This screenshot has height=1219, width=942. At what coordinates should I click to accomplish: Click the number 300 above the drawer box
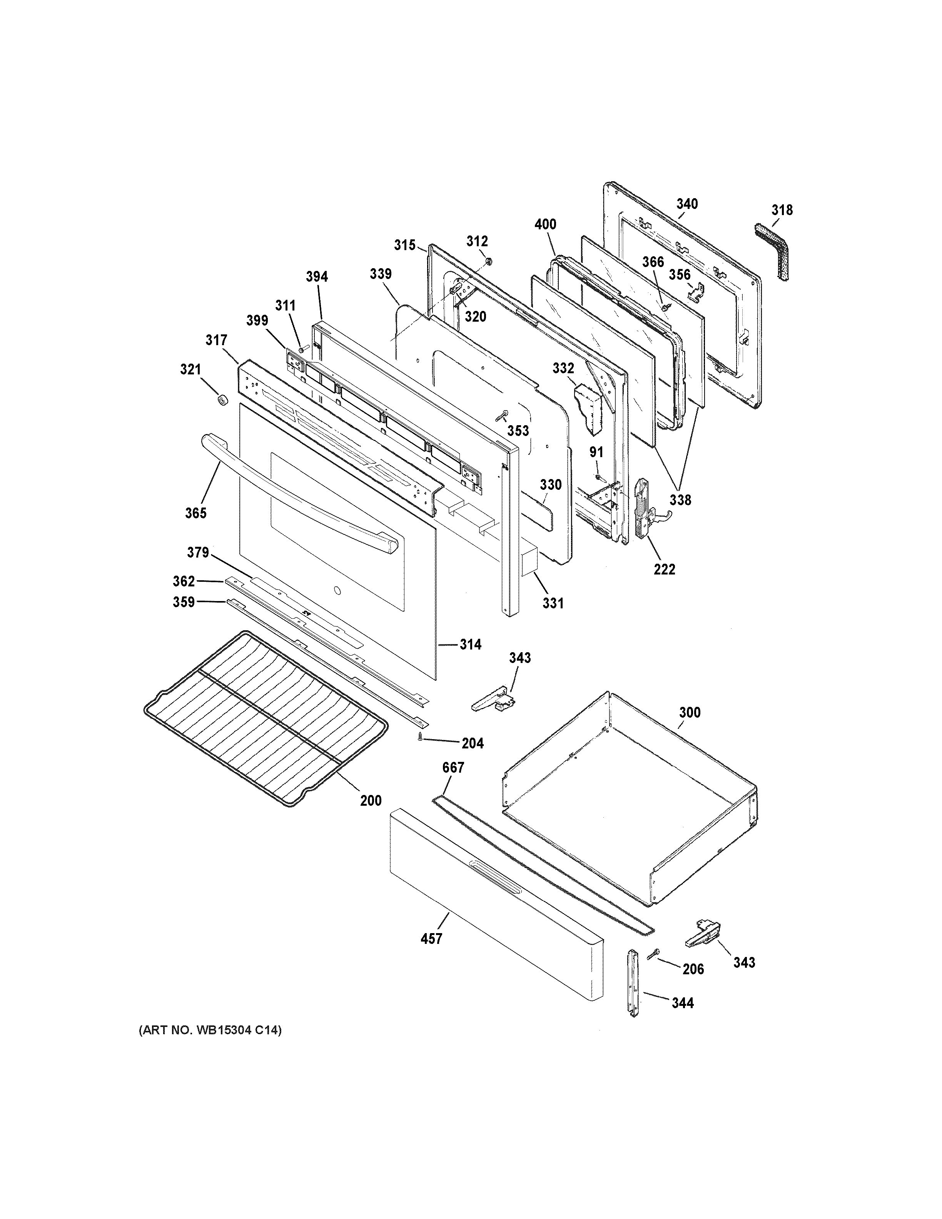pyautogui.click(x=689, y=712)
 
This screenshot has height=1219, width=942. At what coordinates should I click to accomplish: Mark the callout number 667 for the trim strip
pyautogui.click(x=453, y=768)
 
